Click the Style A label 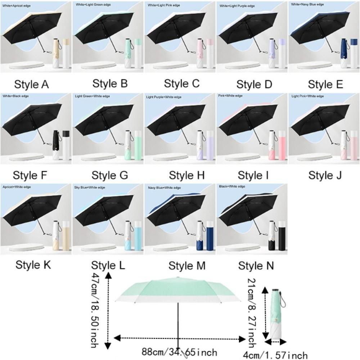pyautogui.click(x=31, y=84)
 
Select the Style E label pyautogui.click(x=325, y=84)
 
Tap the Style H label pyautogui.click(x=186, y=175)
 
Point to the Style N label pyautogui.click(x=256, y=266)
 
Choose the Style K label pyautogui.click(x=33, y=265)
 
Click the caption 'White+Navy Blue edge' pyautogui.click(x=307, y=4)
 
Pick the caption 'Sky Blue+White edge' pyautogui.click(x=90, y=188)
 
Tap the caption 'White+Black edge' pyautogui.click(x=15, y=96)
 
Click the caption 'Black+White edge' pyautogui.click(x=232, y=186)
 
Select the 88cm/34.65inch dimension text pyautogui.click(x=179, y=352)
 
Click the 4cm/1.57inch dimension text pyautogui.click(x=275, y=355)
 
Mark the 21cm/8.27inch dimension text pyautogui.click(x=252, y=313)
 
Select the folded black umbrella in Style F pyautogui.click(x=56, y=145)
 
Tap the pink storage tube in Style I pyautogui.click(x=282, y=145)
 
